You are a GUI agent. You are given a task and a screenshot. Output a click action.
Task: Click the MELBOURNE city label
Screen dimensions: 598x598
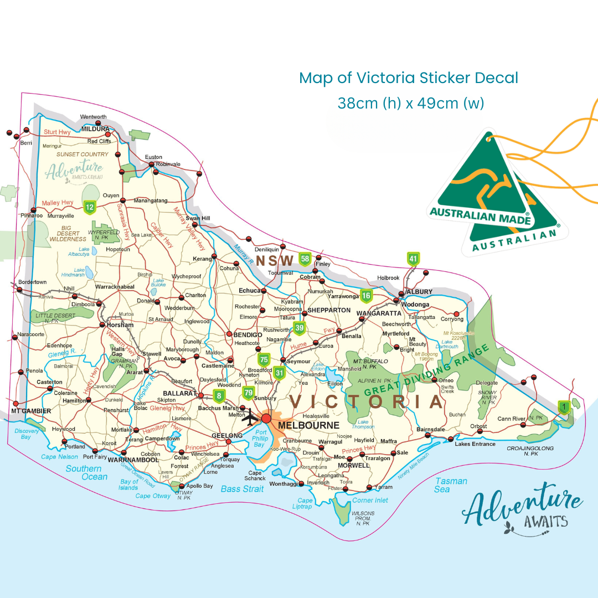[x=309, y=425]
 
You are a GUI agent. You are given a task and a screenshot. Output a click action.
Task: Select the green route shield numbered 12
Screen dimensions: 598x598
[x=89, y=208]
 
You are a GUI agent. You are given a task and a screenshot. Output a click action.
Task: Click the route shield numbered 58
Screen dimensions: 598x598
[x=305, y=259]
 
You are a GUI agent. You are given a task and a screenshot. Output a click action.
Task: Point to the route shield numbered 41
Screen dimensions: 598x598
[x=413, y=259]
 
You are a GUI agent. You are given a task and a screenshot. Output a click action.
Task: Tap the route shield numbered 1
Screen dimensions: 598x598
[x=564, y=408]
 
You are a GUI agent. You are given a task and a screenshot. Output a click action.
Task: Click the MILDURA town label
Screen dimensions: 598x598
[x=95, y=128]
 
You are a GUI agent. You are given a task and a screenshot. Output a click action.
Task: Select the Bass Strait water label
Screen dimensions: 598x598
[x=243, y=489]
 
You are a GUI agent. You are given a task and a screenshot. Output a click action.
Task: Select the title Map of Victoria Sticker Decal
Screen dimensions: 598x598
[x=409, y=78]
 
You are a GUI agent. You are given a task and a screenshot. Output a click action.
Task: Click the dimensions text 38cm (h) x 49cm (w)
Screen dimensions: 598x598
[x=410, y=104]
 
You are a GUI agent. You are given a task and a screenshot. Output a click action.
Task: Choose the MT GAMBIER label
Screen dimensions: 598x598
[x=31, y=411]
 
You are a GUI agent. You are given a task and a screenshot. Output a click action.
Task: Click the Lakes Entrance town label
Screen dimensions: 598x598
[x=475, y=444]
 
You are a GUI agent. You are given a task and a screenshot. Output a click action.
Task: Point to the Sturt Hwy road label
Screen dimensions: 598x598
[x=58, y=132]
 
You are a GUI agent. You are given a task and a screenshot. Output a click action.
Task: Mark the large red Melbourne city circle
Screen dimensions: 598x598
[x=267, y=418]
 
